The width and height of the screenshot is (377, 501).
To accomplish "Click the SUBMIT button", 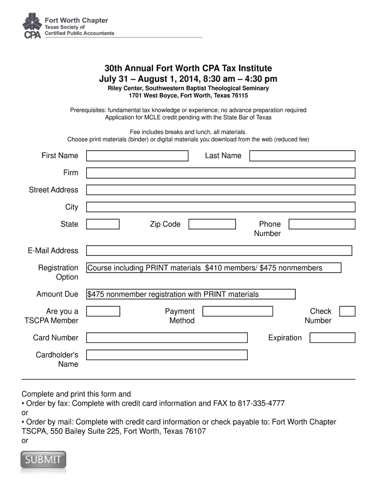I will coord(43,460).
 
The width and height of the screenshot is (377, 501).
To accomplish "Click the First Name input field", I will coord(137,156).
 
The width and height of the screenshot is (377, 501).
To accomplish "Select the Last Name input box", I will coord(302,156).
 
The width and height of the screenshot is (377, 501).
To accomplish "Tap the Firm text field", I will coord(220,173).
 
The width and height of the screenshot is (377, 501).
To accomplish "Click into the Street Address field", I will coord(220,190).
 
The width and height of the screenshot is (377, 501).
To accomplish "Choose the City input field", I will coord(220,207).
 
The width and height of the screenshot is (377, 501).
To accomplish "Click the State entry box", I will coord(103,224).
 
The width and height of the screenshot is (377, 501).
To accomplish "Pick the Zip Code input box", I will coord(212,224).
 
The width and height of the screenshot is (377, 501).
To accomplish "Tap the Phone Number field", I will coord(322,224).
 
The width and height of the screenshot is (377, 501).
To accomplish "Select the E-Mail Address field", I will coord(219,250).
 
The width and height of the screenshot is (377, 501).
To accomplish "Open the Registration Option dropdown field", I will coord(213,268).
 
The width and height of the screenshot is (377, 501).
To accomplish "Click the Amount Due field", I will coord(191,294).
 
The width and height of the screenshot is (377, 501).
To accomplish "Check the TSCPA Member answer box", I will coord(103,311).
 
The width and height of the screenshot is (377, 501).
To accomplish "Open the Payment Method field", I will coord(237,311).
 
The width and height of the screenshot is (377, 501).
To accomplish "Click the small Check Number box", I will coord(347,311).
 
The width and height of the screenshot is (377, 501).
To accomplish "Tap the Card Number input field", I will coord(167,338).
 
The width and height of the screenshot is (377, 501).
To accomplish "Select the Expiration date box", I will coord(332,338).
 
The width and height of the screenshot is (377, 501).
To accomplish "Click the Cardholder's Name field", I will coord(167,355).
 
